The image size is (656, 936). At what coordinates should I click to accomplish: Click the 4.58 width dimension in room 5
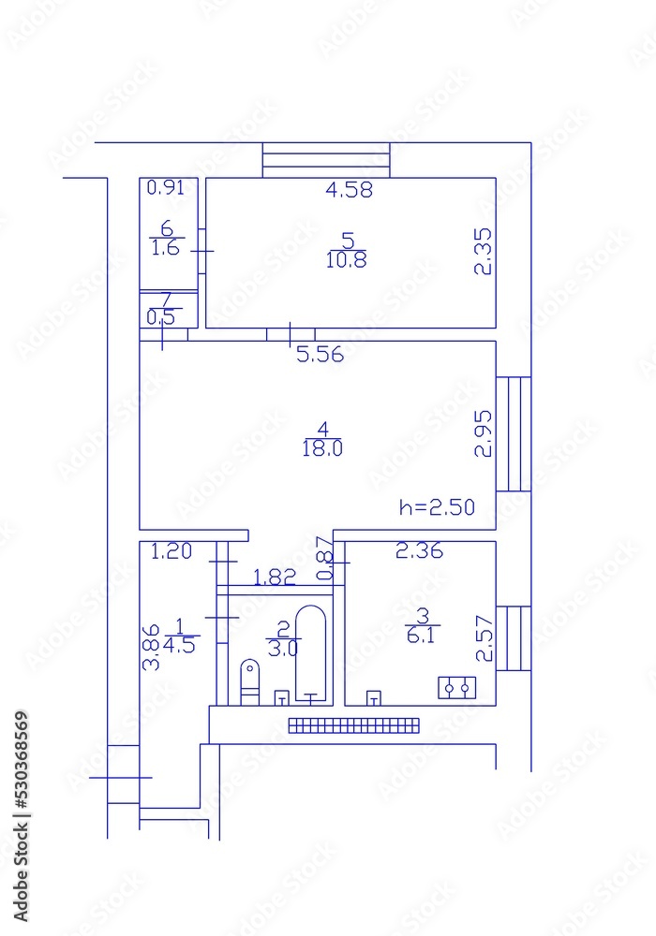click(x=350, y=190)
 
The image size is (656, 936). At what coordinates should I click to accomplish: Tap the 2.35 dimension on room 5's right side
click(x=483, y=252)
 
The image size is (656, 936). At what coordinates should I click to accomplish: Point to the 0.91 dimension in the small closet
click(x=167, y=186)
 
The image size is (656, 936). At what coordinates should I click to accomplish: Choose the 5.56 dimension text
click(x=321, y=355)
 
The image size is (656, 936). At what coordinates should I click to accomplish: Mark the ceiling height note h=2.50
click(x=437, y=508)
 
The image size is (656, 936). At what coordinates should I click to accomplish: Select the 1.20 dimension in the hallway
click(x=171, y=551)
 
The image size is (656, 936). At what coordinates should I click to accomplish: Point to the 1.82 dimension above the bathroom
click(x=276, y=578)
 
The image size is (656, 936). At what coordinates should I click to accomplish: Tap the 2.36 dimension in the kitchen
click(x=419, y=551)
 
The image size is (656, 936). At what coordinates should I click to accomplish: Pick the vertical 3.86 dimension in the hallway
click(x=149, y=648)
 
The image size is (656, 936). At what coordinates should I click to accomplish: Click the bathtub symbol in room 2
click(x=312, y=653)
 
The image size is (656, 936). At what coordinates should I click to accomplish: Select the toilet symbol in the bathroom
click(x=249, y=680)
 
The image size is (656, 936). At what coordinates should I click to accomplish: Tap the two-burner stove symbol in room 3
click(x=457, y=689)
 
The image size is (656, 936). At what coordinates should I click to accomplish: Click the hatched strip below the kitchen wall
click(x=354, y=724)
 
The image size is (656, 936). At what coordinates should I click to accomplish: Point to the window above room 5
click(x=326, y=159)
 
